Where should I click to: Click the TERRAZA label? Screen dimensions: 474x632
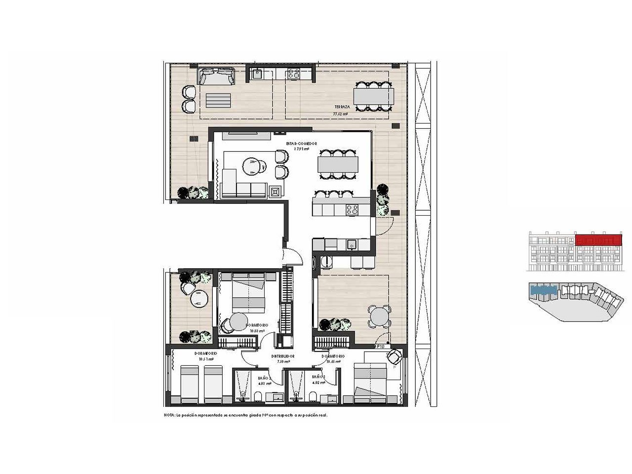click(342, 107)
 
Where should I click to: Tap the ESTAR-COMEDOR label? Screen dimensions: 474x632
click(301, 144)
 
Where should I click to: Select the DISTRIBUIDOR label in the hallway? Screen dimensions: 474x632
click(283, 356)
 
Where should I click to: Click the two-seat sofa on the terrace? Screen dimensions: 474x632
click(216, 76)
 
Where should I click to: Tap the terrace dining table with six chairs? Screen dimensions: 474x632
click(373, 94)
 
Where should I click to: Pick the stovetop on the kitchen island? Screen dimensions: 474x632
click(352, 209)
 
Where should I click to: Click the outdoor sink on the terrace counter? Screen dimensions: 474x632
click(257, 74)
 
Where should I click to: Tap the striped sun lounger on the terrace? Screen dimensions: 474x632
click(218, 100)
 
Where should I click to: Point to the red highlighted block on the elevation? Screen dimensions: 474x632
click(597, 240)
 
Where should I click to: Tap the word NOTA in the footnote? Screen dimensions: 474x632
click(169, 415)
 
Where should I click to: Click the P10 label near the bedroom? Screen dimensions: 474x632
click(380, 347)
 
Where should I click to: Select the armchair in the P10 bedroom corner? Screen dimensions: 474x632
click(394, 357)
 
